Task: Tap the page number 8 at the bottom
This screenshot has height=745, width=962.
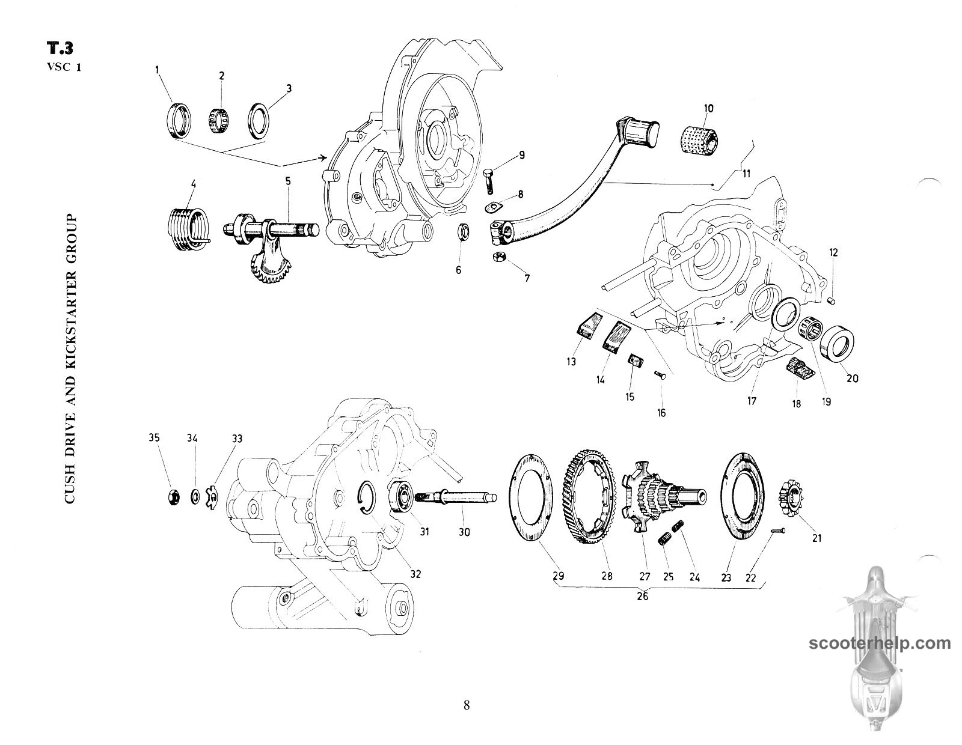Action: [x=467, y=705]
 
